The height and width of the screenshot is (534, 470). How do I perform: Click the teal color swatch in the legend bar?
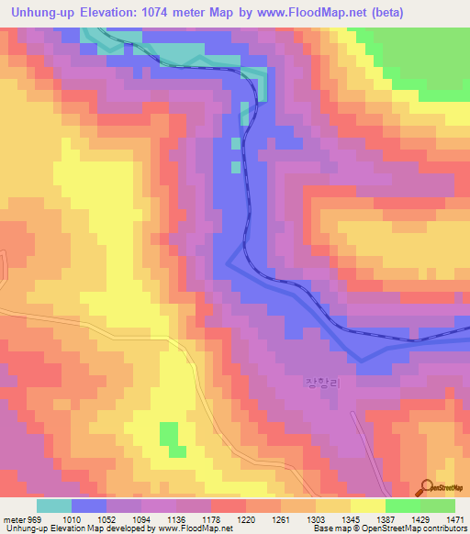[x=54, y=506]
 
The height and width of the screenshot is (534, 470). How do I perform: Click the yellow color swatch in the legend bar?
[x=367, y=506]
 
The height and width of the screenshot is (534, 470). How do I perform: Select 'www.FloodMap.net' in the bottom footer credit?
[x=195, y=528]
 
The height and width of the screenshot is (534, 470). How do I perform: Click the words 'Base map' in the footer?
[x=329, y=528]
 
